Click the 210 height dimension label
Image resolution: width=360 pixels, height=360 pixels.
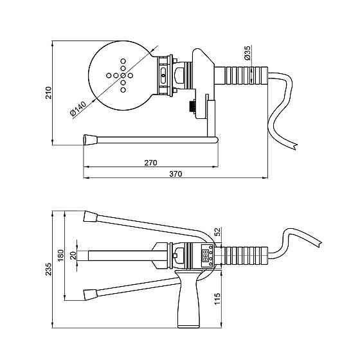pos(48,93)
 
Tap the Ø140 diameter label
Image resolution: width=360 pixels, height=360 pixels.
pos(78,109)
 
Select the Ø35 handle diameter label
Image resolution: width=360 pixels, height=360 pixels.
pos(248,53)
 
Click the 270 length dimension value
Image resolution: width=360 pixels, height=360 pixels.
pos(150,163)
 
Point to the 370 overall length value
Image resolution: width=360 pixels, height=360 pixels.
pos(175,174)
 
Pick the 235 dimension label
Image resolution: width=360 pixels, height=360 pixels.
pos(48,269)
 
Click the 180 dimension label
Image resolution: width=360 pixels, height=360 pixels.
pos(60,256)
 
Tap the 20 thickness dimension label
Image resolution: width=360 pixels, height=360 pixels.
pos(73,255)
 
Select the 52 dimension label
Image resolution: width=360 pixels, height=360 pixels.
pos(217,231)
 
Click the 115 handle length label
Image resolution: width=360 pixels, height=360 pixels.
pos(217,298)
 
